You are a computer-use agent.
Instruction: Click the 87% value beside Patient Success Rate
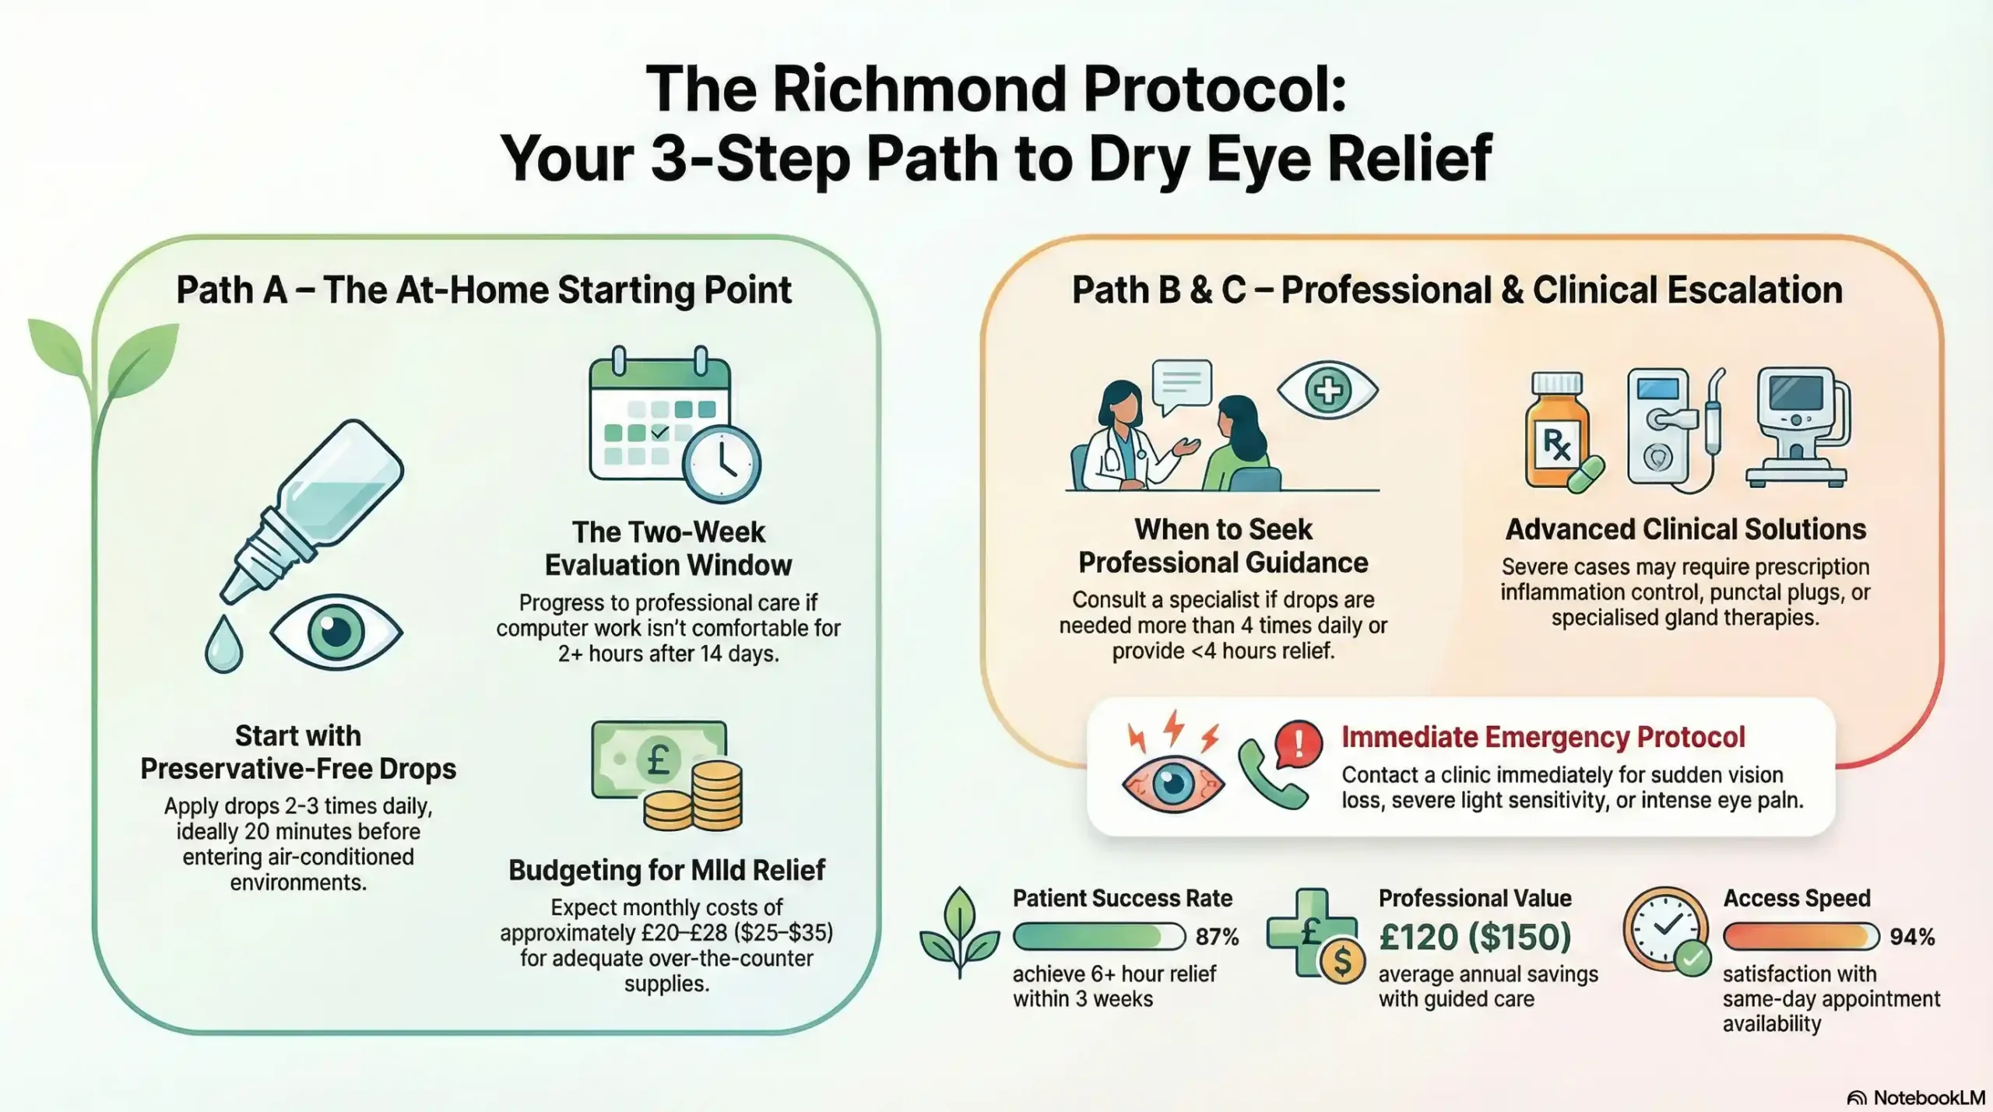(1217, 936)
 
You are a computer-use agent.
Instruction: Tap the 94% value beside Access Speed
(1912, 936)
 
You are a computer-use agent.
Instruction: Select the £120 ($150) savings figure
(1475, 936)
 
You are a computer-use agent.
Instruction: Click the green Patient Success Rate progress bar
(1098, 936)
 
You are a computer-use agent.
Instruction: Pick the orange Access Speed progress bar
(1800, 936)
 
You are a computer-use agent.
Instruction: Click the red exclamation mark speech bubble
(1298, 743)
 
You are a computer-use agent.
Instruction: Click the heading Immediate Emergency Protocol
(1542, 736)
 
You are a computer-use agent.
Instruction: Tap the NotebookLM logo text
(1928, 1097)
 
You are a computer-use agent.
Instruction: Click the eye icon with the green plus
(1327, 390)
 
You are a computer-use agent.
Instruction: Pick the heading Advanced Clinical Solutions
(1685, 529)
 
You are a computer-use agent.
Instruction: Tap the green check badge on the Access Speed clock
(1692, 958)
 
